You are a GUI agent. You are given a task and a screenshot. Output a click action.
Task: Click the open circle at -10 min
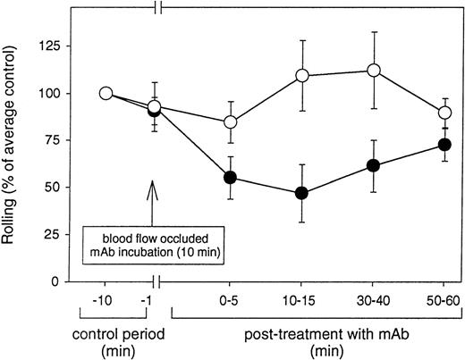point(106,93)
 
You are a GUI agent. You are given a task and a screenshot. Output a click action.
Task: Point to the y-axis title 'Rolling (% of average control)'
point(17,147)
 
